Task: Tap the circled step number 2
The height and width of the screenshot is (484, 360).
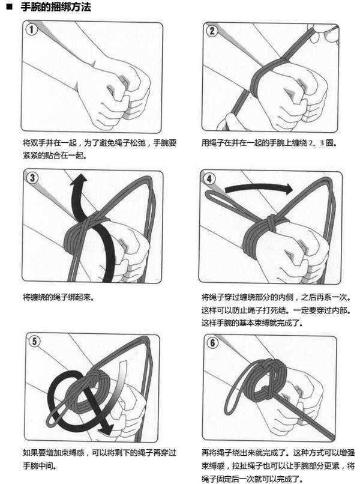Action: (x=212, y=31)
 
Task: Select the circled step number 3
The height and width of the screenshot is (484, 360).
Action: (x=32, y=177)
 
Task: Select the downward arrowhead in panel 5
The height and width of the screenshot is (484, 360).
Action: (x=106, y=429)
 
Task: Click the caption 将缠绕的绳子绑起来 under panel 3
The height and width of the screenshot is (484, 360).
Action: (x=58, y=297)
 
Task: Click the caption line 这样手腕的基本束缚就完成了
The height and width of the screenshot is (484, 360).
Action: (x=252, y=322)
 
